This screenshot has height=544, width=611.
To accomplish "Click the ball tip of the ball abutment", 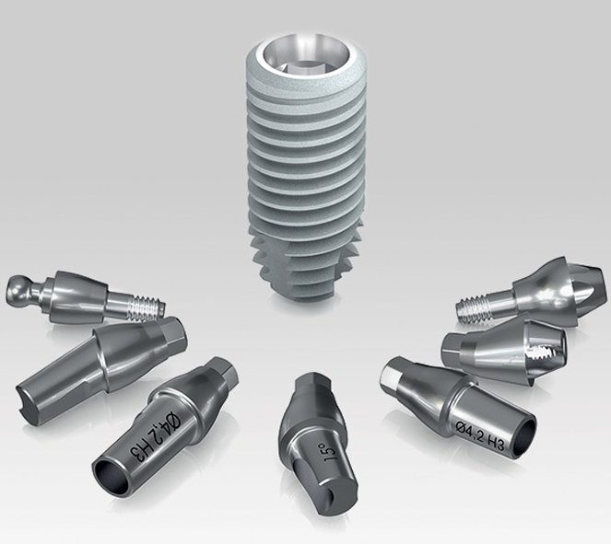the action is (x=18, y=290).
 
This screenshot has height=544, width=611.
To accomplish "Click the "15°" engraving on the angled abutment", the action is (x=327, y=451).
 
